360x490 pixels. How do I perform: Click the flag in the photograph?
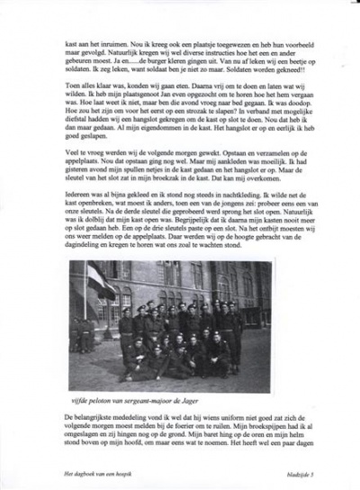click(99, 281)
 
